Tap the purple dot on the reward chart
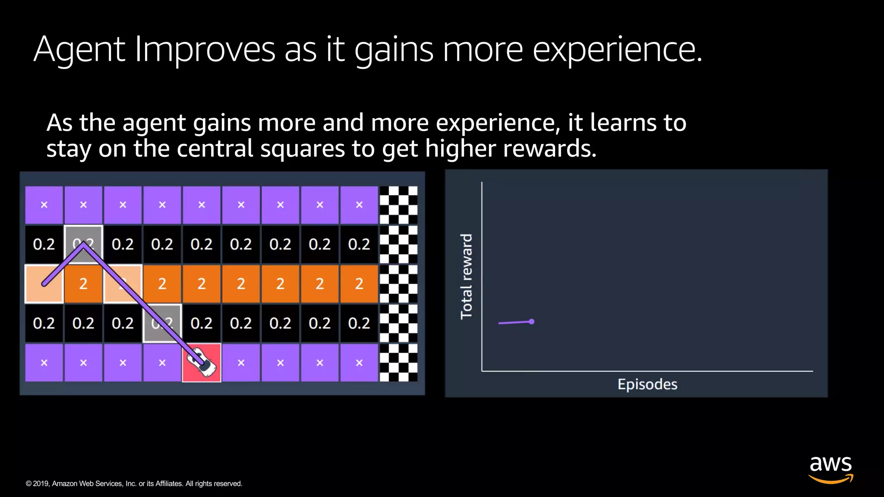(x=532, y=321)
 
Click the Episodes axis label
(x=647, y=384)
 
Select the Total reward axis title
(x=467, y=276)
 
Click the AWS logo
(x=830, y=469)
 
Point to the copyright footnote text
(x=134, y=484)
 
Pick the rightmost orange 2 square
(x=359, y=284)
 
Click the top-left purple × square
(x=44, y=205)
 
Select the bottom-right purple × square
(x=359, y=363)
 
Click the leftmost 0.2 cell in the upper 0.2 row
(x=44, y=245)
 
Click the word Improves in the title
(x=205, y=50)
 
